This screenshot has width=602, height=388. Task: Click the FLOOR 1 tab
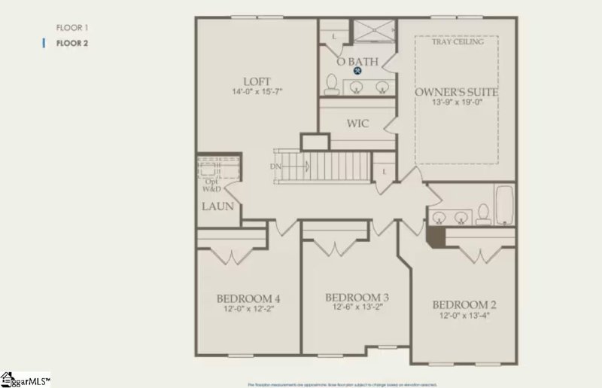[x=71, y=28]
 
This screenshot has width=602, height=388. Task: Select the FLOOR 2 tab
[x=72, y=43]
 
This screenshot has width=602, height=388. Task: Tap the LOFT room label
[x=257, y=81]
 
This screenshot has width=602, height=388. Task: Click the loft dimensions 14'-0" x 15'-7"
[x=257, y=92]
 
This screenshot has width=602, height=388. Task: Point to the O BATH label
[x=357, y=61]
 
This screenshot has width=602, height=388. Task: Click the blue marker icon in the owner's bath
[x=358, y=71]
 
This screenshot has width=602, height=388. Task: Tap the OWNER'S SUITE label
[x=457, y=92]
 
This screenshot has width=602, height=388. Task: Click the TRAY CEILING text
[x=458, y=42]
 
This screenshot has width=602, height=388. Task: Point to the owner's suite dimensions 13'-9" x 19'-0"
[x=457, y=103]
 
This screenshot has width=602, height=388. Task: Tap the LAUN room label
[x=217, y=206]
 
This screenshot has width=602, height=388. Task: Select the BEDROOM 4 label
[x=248, y=299]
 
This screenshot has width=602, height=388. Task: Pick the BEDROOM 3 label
[x=357, y=297]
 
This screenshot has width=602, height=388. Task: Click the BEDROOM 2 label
[x=464, y=304]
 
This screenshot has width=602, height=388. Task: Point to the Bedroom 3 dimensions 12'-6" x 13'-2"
[x=357, y=307]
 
